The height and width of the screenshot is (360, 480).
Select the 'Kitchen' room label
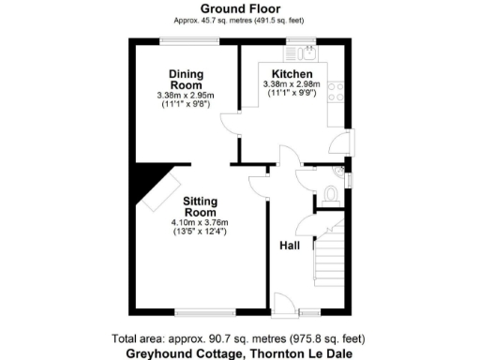[x=292, y=74]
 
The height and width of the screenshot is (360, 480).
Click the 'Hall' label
[x=290, y=246]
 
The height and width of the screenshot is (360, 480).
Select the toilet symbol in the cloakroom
[x=329, y=193]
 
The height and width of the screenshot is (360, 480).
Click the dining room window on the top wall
[x=189, y=40]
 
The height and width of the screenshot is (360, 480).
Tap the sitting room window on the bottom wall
[x=204, y=312]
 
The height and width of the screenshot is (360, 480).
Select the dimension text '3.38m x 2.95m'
[x=186, y=95]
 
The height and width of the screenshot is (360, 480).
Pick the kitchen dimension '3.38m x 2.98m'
[x=292, y=84]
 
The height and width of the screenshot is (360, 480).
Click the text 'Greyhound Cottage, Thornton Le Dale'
[x=240, y=353]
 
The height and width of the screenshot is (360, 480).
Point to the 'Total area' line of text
[x=240, y=338]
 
